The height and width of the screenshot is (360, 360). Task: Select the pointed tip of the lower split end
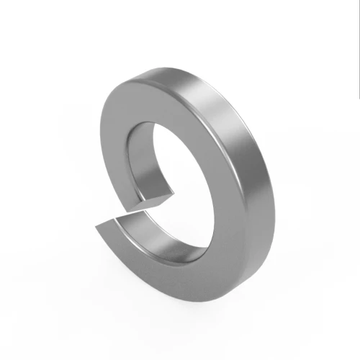pyautogui.click(x=97, y=229)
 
